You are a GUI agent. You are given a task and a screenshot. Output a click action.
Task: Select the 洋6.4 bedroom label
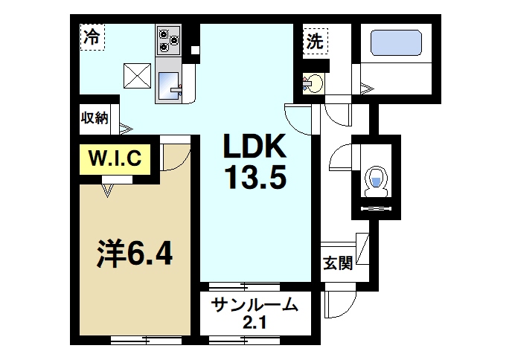[x=135, y=254]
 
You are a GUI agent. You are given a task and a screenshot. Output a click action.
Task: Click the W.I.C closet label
[x=117, y=158]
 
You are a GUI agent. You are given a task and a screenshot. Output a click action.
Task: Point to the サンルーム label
[x=255, y=305]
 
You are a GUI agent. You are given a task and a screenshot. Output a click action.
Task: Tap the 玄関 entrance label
[x=337, y=265]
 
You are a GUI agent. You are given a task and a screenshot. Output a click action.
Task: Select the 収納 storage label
[x=95, y=118]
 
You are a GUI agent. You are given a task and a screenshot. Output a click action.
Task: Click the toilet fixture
[x=377, y=181]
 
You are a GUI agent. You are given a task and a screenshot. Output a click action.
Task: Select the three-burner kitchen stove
[x=167, y=39]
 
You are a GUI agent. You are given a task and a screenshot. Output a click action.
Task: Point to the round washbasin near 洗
[x=313, y=84]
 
